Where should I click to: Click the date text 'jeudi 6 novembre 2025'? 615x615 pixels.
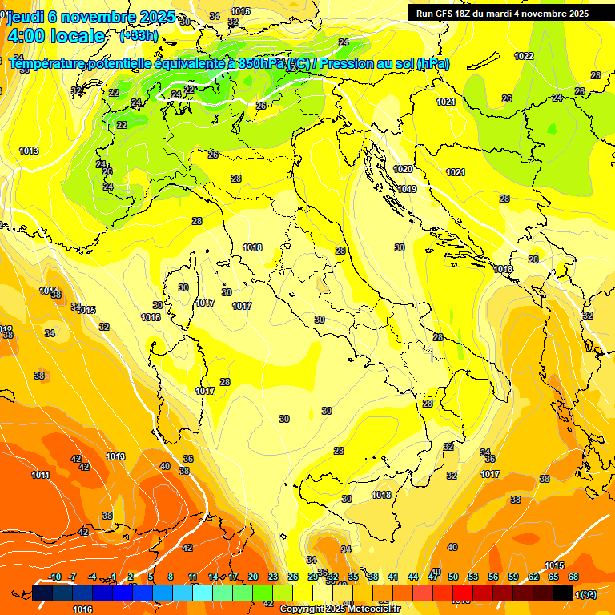90,17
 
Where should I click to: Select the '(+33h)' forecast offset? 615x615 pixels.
138,36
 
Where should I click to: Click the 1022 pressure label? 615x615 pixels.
524,56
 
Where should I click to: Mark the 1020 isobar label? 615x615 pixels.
403,169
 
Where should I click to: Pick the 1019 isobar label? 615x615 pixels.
407,189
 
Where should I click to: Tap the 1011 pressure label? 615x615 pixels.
40,475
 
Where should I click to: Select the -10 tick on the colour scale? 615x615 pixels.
54,577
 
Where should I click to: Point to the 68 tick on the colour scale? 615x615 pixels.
573,577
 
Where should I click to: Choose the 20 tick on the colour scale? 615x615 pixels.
253,577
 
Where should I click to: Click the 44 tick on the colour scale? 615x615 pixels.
413,577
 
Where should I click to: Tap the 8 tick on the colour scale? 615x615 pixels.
171,577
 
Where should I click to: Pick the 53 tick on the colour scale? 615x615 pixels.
473,577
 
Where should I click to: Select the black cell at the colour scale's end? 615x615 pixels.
563,593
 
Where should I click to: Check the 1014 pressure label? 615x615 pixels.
50,290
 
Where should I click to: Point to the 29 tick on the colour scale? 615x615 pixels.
313,577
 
